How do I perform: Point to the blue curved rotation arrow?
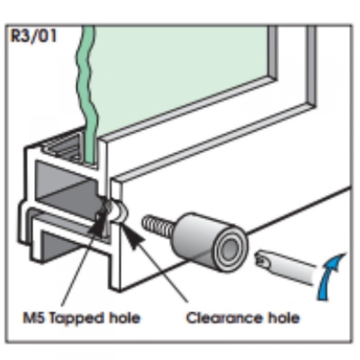[331, 275]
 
